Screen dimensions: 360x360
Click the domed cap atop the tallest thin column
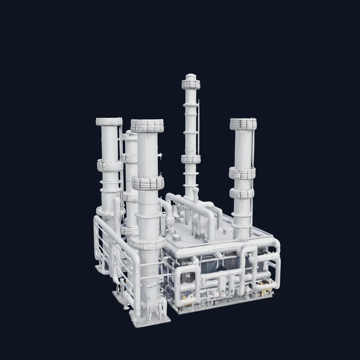tap(191, 76)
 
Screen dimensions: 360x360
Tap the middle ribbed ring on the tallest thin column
tap(191, 159)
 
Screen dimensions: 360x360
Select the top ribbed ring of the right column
tap(243, 124)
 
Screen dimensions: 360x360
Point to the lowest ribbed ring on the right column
tap(242, 193)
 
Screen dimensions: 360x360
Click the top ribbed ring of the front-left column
tap(147, 126)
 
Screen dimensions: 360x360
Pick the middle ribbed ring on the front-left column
tap(148, 183)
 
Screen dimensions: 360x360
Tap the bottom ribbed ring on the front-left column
tap(148, 243)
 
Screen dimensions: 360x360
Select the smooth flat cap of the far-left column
tap(109, 121)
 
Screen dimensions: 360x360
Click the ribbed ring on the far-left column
tap(109, 165)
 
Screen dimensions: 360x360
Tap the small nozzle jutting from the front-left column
tap(160, 155)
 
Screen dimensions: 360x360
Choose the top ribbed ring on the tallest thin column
tap(191, 85)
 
